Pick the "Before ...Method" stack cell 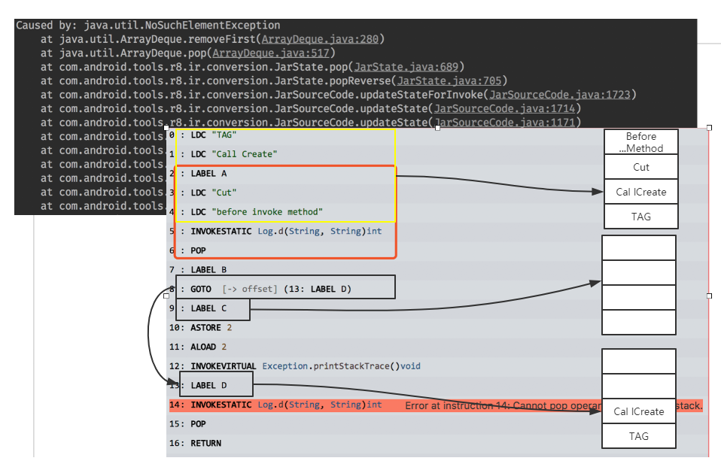[641, 142]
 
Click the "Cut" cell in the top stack [641, 167]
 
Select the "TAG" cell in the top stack [641, 217]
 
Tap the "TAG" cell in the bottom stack [639, 436]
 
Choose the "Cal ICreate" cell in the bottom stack [639, 411]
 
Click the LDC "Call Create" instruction [233, 154]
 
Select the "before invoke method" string [267, 212]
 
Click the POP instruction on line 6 [198, 250]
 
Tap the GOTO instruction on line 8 [201, 289]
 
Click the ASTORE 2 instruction [211, 328]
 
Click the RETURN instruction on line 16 [205, 444]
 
